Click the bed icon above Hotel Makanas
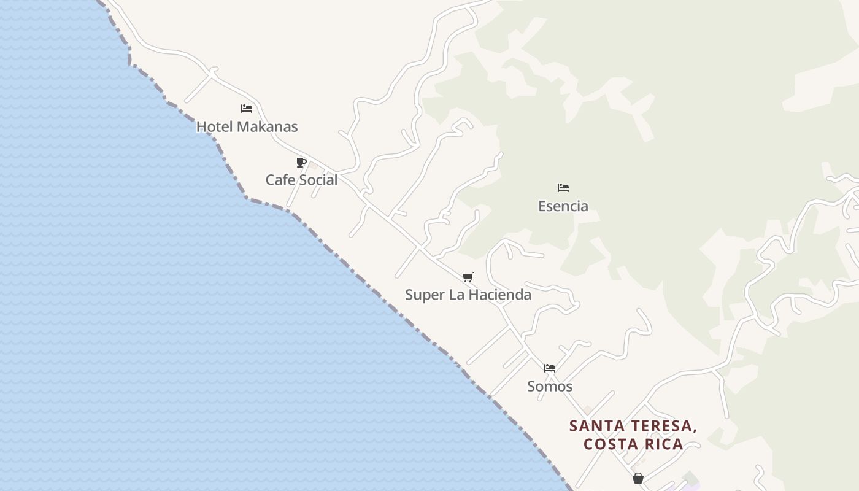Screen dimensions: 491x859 click(x=247, y=109)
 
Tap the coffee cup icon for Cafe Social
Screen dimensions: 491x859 click(x=301, y=162)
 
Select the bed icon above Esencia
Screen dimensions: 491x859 click(x=563, y=187)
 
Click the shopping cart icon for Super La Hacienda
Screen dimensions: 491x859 click(x=468, y=277)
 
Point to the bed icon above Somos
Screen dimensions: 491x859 click(x=550, y=368)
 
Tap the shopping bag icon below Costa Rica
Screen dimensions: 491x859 click(x=638, y=478)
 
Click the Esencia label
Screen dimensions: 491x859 click(x=563, y=206)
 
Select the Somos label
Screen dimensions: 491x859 click(x=550, y=387)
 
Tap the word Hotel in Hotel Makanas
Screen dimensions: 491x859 click(x=214, y=127)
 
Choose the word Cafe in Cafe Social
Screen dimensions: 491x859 click(x=279, y=180)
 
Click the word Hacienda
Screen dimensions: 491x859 click(x=499, y=295)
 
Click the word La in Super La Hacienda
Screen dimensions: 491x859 click(x=456, y=295)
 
